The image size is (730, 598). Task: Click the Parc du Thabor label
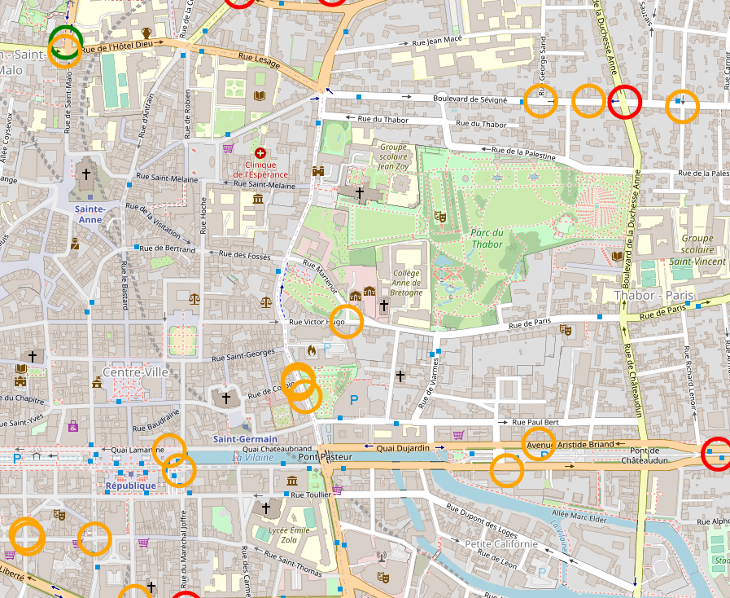point(486,237)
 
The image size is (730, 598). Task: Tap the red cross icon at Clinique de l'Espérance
point(260,153)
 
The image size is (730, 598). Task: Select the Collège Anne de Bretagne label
point(407,283)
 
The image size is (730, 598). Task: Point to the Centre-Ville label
point(134,372)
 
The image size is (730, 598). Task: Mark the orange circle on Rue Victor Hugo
point(347,321)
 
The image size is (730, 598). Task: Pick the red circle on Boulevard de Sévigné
point(625,102)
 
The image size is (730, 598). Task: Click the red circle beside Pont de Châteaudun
point(717,454)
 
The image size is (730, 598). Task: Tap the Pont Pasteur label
point(325,457)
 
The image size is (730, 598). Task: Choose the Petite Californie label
point(501,544)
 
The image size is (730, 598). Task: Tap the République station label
point(130,486)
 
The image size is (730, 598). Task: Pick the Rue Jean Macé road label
point(436,41)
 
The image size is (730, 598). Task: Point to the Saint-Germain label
point(245,439)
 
